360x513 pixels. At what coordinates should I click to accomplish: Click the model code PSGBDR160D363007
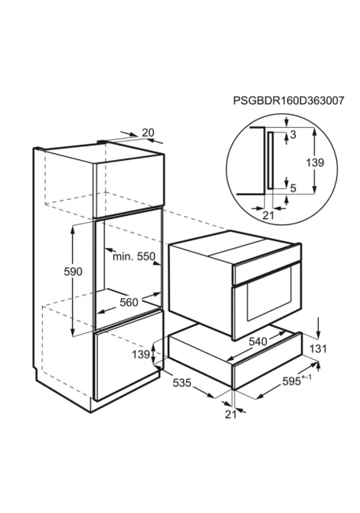(x=288, y=100)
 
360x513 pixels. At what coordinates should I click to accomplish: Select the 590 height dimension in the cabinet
(x=73, y=272)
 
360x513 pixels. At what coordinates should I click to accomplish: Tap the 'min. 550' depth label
(x=133, y=256)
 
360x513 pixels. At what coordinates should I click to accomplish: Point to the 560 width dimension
(x=129, y=302)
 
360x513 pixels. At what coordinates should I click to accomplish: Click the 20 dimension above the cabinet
(x=148, y=132)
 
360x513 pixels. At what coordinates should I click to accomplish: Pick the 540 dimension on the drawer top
(x=258, y=341)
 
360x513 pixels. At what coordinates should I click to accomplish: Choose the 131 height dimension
(x=318, y=348)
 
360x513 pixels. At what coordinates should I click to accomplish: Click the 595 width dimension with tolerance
(x=296, y=381)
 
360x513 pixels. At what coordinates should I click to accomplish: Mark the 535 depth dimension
(x=182, y=383)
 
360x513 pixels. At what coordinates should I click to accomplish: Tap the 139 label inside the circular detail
(x=315, y=162)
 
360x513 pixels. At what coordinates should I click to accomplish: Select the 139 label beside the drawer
(x=141, y=354)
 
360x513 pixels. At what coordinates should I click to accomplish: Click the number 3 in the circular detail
(x=293, y=135)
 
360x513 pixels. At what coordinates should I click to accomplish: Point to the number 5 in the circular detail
(x=293, y=188)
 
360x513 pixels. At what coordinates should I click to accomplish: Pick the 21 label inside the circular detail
(x=268, y=215)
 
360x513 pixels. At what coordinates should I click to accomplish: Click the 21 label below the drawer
(x=231, y=414)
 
